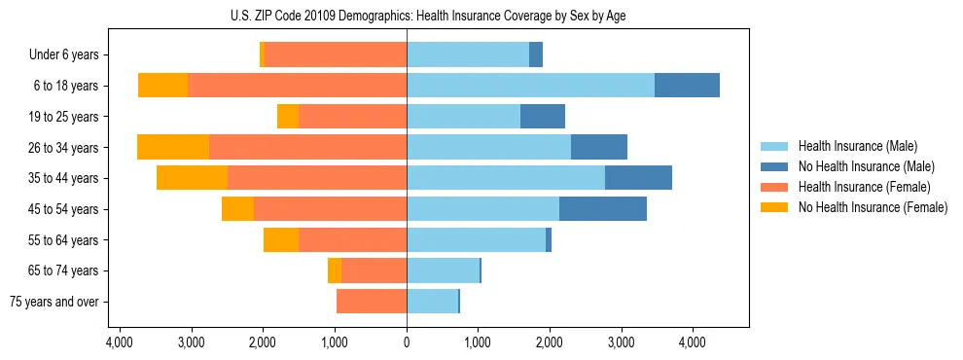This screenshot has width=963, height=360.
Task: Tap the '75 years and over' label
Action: (x=54, y=302)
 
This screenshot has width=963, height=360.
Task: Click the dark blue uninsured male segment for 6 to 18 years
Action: (x=687, y=86)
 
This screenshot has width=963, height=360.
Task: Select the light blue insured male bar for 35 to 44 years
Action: (x=506, y=178)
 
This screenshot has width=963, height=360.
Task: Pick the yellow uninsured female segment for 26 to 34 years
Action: (x=173, y=147)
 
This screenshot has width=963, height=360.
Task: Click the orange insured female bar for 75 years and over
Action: (x=372, y=302)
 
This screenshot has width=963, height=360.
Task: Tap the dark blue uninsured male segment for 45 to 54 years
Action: (x=603, y=209)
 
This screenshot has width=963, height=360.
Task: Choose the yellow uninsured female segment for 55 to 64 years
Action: (x=281, y=240)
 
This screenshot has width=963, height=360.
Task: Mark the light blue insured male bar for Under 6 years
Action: (x=468, y=54)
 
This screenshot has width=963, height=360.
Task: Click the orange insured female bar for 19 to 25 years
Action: (x=352, y=117)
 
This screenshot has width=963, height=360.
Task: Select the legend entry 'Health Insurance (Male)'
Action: (x=857, y=146)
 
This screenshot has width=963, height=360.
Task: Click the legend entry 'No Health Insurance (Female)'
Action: (x=873, y=207)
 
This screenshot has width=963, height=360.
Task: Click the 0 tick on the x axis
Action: (x=407, y=343)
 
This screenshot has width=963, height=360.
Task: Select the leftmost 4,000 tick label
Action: (x=120, y=343)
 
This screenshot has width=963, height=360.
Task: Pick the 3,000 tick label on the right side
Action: (x=621, y=343)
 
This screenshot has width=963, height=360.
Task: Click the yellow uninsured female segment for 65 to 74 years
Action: (x=335, y=270)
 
